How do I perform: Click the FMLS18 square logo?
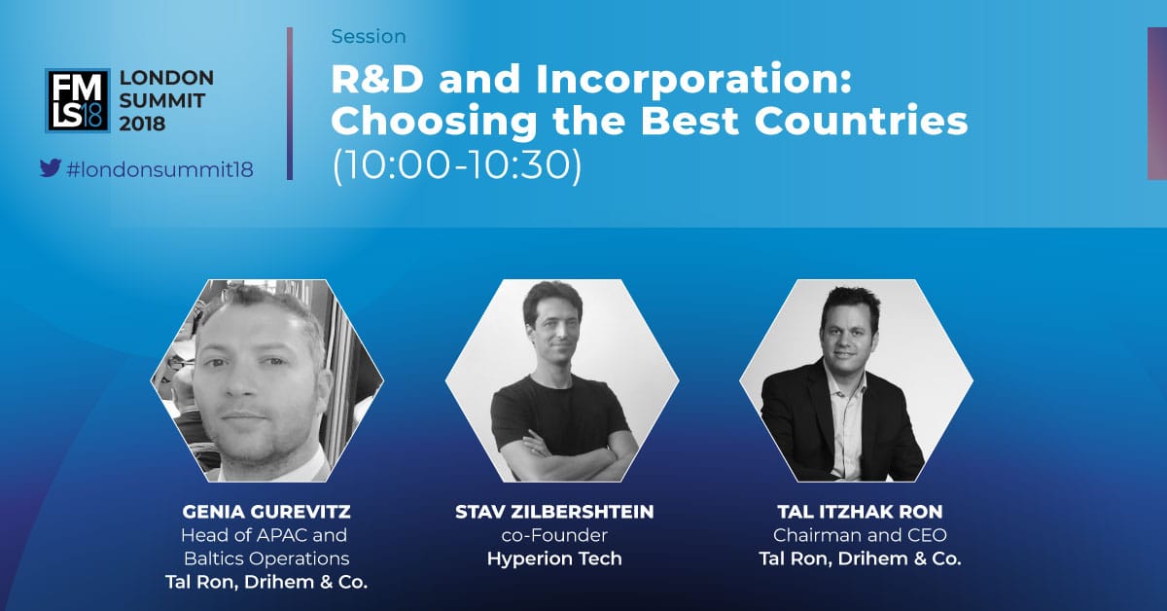78,100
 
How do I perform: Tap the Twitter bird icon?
51,168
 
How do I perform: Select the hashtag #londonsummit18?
159,169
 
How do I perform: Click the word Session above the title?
369,37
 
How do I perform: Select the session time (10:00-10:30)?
456,165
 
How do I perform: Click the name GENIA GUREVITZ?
266,512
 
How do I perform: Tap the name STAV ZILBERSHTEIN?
554,512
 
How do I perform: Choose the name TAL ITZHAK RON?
860,512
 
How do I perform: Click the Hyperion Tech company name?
554,558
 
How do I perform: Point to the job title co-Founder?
554,535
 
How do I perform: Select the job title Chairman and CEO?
860,535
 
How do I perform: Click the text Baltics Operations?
266,558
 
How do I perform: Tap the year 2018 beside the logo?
142,125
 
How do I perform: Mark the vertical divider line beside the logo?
290,104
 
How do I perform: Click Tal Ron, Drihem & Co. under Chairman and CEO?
860,558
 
